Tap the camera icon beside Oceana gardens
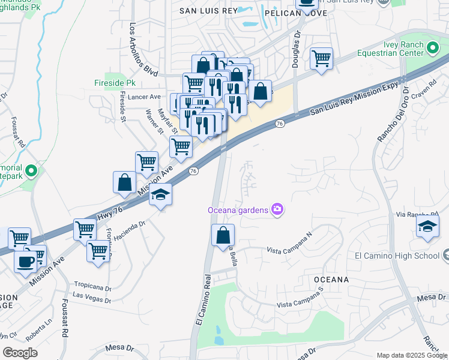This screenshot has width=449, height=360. coord(277,209)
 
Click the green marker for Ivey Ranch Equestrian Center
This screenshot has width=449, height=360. coord(433,47)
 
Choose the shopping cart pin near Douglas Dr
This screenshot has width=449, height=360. coord(322,59)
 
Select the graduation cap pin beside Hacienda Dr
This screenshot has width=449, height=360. coord(161,194)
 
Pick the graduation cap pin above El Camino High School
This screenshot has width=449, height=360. coord(427,226)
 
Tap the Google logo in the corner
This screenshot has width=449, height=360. coord(20,352)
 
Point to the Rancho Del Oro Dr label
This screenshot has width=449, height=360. coord(390,114)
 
